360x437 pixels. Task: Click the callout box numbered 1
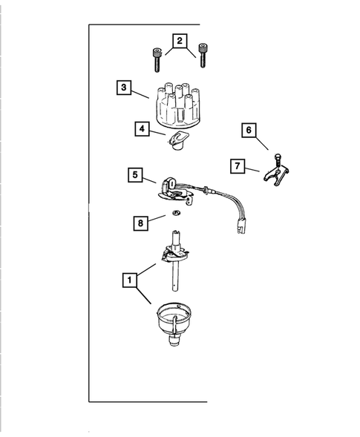pos(129,280)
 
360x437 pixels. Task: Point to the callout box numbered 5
pos(134,176)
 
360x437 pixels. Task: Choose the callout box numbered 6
pos(249,131)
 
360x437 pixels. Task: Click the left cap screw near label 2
pos(157,59)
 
